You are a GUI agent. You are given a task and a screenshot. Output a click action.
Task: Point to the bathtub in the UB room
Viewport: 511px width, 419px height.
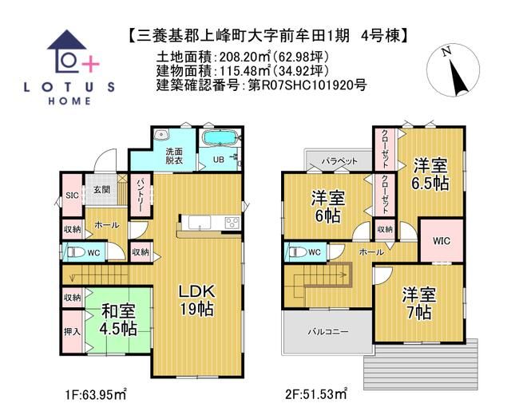point(216,140)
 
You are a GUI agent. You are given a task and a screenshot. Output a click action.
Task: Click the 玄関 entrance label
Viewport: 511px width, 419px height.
point(101,189)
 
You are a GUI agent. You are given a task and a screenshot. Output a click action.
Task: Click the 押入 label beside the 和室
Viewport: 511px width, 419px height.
point(70,328)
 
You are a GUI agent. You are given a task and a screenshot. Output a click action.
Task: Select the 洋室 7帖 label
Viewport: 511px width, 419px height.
point(418,302)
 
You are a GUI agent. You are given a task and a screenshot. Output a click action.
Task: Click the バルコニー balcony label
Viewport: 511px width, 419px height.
point(327,332)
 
